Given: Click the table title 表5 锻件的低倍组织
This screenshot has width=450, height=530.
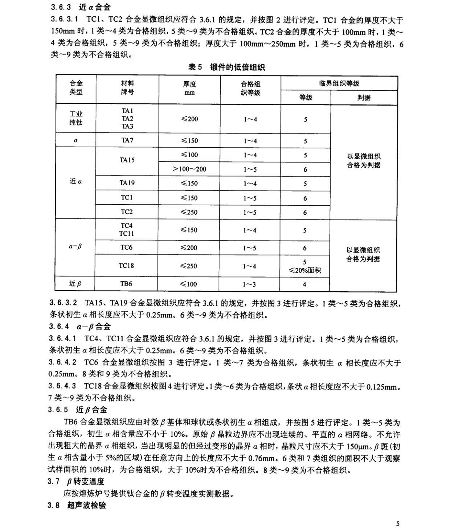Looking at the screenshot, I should (x=226, y=67).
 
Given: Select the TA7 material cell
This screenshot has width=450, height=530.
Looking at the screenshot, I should (x=127, y=140).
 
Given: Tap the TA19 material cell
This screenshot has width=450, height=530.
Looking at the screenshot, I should (x=127, y=183).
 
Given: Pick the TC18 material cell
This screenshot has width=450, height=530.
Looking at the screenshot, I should (x=126, y=266).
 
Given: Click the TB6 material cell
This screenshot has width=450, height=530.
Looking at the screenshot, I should (x=126, y=284).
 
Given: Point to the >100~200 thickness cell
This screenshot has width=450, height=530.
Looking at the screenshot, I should (x=189, y=169).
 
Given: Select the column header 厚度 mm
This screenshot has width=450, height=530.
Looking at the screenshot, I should (x=189, y=88).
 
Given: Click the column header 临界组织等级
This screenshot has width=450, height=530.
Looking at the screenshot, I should (x=339, y=83).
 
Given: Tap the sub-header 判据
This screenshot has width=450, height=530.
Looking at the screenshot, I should (x=364, y=98).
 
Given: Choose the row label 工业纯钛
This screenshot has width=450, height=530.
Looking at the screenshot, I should (x=76, y=118).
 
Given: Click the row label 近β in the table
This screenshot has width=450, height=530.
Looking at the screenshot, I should (x=75, y=284).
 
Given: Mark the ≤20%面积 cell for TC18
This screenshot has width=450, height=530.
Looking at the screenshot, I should (x=305, y=270).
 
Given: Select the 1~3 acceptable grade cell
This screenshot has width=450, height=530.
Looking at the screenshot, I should (x=250, y=284).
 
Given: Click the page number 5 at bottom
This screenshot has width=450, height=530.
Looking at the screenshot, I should (x=398, y=523).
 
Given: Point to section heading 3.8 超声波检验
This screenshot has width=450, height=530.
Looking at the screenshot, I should (x=77, y=505).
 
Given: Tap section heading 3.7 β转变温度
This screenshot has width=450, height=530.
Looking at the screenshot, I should (x=76, y=481).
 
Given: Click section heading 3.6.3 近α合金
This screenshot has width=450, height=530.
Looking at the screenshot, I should (x=81, y=7).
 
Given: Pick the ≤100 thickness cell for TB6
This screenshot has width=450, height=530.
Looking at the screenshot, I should (x=189, y=284).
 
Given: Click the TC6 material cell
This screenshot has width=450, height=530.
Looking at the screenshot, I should (x=127, y=247).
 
